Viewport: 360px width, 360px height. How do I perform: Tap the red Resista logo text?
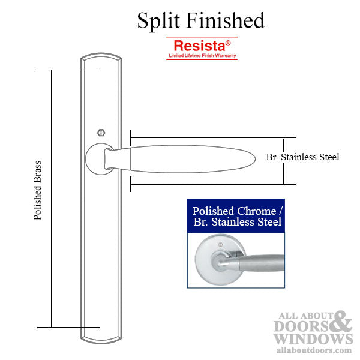[199, 45]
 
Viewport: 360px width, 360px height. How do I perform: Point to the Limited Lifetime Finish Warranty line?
[202, 55]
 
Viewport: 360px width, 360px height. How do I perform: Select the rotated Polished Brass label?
[38, 190]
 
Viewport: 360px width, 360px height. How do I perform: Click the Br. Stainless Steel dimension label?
[302, 157]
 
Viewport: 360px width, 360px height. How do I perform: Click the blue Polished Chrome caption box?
[236, 217]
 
